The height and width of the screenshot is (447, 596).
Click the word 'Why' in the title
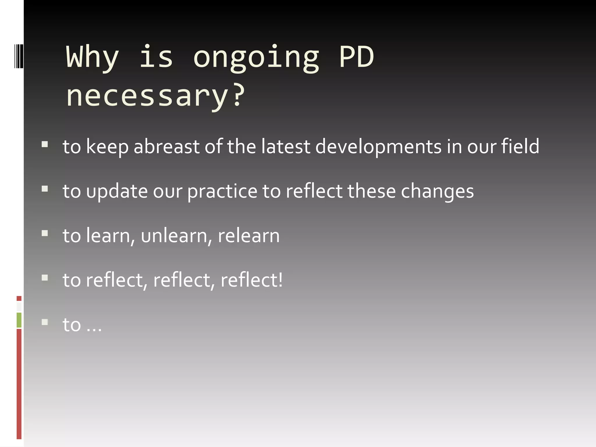93,57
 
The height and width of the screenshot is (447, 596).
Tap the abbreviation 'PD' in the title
356,57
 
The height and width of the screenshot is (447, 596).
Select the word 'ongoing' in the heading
256,58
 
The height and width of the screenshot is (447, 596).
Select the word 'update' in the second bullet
117,192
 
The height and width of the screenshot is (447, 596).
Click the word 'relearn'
249,236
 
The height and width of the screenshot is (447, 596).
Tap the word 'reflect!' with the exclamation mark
251,280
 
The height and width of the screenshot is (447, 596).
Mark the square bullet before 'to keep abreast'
45,144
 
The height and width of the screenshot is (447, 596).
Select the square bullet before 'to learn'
45,233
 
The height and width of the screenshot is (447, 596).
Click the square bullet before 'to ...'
45,322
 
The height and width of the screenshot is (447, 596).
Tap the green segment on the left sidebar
19,320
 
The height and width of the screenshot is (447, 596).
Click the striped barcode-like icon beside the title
19,56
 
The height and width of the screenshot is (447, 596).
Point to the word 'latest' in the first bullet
286,146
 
